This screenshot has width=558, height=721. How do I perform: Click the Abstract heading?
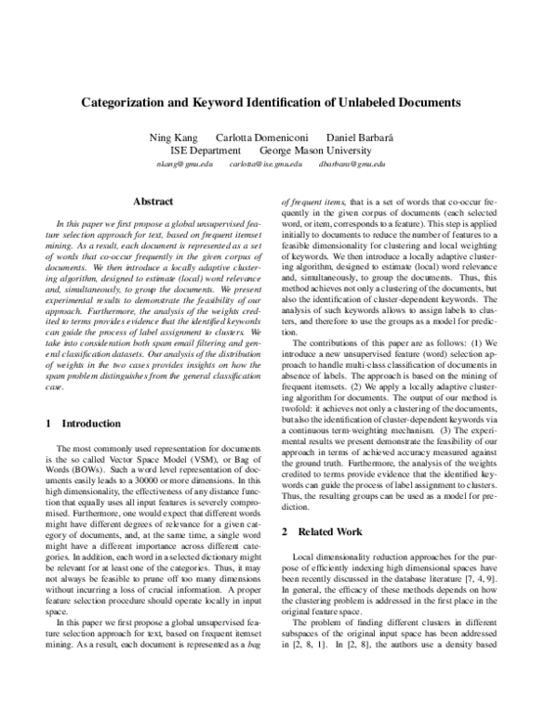click(152, 201)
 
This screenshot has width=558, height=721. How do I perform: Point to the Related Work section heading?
click(334, 532)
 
